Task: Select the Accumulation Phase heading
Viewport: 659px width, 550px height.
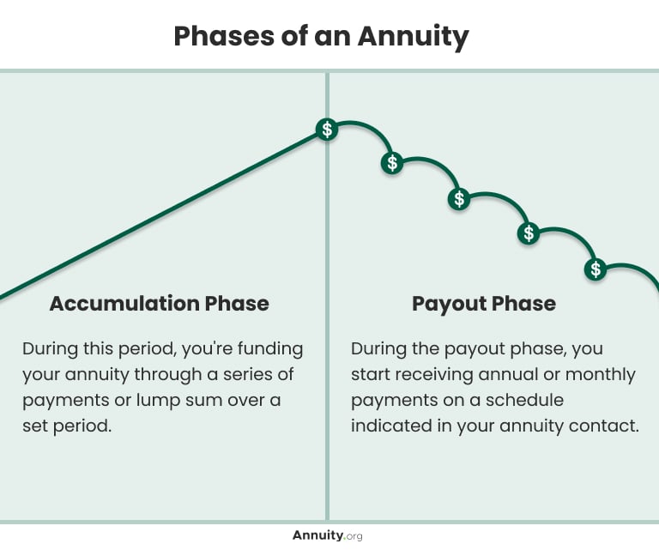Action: [159, 304]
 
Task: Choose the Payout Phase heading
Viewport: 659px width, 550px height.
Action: [483, 304]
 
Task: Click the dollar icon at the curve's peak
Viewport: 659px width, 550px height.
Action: [326, 130]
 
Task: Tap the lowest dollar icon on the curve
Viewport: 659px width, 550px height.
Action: [596, 269]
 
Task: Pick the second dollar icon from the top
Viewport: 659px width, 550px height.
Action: [392, 163]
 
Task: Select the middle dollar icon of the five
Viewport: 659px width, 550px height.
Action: [459, 199]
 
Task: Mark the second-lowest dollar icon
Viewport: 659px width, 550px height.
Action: [529, 233]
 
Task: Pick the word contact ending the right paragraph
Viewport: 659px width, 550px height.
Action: [609, 426]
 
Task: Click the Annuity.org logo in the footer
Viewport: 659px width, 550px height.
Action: [328, 535]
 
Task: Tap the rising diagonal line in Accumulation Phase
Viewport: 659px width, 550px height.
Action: [163, 215]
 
